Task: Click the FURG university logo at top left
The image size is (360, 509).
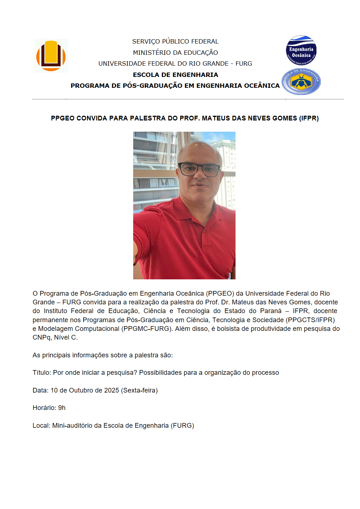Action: coord(51,56)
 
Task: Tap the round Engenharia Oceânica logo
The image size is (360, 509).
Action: coord(301,50)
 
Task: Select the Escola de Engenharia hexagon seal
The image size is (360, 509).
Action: coord(301,82)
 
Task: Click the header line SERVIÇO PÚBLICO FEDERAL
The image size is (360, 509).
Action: coord(175,41)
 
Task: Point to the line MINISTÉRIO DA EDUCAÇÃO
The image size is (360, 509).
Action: coord(175,53)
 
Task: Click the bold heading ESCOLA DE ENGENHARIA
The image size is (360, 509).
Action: coord(175,75)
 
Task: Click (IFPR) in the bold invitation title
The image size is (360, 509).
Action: coord(309,118)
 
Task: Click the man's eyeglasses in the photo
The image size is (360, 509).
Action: coord(199,169)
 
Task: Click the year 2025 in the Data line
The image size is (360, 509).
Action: coord(111,390)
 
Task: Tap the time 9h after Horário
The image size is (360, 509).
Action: coord(62,408)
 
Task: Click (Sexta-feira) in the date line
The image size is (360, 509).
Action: coord(139,390)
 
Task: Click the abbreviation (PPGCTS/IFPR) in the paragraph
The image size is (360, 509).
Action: coord(310,320)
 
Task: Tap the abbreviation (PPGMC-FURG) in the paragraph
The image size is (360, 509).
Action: coord(147,329)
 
